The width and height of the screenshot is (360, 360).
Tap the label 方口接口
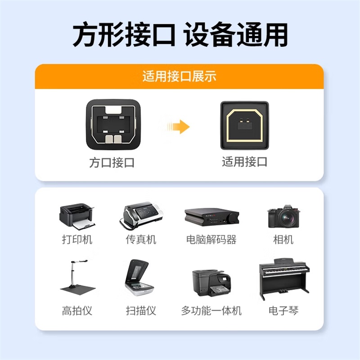coord(112,163)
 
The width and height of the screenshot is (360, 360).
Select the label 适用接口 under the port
coord(244,162)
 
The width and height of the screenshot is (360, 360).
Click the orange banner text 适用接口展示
coord(179,76)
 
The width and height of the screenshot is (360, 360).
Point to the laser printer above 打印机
coord(77,216)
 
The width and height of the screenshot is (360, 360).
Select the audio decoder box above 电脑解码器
coord(211,217)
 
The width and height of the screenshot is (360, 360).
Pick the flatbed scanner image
coord(139,278)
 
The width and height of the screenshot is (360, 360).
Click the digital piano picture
coord(284,279)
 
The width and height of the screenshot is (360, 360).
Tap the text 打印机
coord(77,239)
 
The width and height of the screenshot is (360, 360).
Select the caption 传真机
coord(141,239)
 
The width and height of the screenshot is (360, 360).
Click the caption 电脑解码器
coord(211,239)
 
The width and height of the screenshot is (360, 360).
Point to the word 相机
coord(283,239)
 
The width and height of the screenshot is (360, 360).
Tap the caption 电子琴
coord(283,310)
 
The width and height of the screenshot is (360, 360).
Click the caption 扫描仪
coord(141,310)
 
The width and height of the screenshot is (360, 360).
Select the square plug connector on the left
coord(113,125)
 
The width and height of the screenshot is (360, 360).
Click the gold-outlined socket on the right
coord(244,126)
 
